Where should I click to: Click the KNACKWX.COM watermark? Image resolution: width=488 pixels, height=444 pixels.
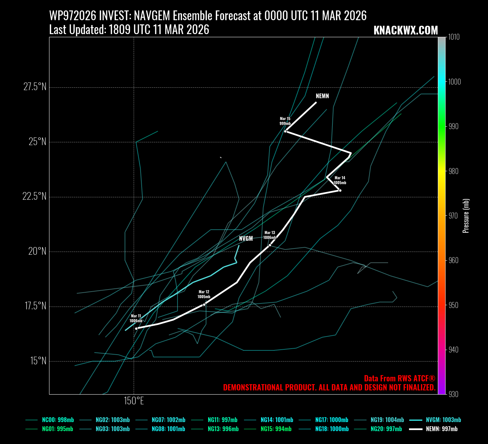tap(406, 30)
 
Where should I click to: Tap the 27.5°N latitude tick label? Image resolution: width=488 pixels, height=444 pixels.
tap(35, 87)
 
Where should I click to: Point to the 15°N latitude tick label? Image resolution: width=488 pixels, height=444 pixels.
tap(38, 361)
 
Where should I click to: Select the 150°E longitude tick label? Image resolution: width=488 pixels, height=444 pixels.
tap(134, 401)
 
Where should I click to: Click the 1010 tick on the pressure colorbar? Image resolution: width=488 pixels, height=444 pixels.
tap(454, 37)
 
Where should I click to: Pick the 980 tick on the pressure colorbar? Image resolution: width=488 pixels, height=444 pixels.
tap(454, 171)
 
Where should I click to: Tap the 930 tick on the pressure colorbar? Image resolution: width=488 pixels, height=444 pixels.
tap(454, 394)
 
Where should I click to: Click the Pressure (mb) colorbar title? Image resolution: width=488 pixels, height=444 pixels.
tap(466, 216)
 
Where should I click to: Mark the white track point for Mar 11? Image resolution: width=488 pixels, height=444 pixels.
tap(136, 328)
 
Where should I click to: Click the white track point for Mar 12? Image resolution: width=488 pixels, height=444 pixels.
tap(204, 304)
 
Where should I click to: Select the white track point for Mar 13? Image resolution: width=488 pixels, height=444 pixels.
tap(270, 245)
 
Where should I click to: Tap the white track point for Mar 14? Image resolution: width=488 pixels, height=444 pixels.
tap(340, 190)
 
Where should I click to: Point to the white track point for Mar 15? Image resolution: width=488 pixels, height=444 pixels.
tap(285, 131)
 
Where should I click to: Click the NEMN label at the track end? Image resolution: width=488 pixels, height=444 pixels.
tap(322, 96)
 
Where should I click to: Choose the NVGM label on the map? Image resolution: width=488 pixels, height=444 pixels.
tap(246, 239)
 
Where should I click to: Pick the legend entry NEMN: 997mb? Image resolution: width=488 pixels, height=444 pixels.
tap(441, 429)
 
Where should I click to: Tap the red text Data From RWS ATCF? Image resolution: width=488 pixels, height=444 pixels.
tap(400, 379)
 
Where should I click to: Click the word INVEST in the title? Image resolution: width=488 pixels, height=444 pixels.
tap(115, 16)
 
